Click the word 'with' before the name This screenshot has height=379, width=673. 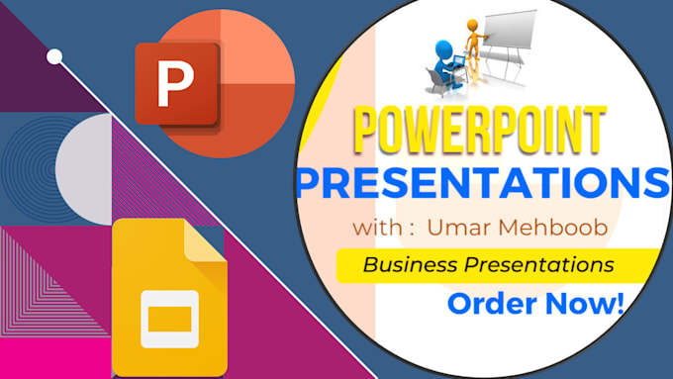[x=375, y=230]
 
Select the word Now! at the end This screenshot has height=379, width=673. [x=585, y=303]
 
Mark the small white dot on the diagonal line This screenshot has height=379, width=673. [x=55, y=56]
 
